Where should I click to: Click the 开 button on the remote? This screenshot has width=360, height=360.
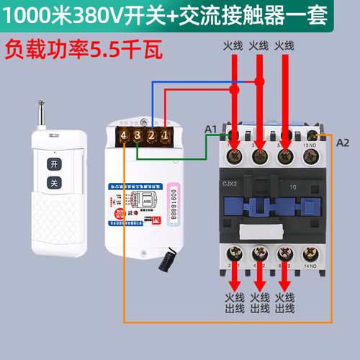(x=53, y=163)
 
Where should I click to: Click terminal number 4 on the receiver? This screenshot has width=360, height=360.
(x=125, y=135)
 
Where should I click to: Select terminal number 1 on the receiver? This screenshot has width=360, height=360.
(x=165, y=135)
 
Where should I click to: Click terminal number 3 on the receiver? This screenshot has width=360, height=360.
(x=138, y=135)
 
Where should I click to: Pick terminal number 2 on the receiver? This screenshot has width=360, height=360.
(x=152, y=135)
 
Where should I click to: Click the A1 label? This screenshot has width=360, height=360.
(x=211, y=128)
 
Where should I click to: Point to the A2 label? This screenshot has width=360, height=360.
(x=343, y=143)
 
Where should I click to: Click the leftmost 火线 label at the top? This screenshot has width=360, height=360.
(x=233, y=45)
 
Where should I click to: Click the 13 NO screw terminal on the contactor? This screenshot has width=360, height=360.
(x=312, y=137)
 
